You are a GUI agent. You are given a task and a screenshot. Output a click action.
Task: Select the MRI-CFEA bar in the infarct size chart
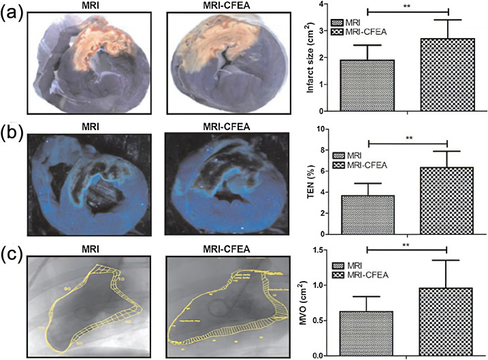click(446, 75)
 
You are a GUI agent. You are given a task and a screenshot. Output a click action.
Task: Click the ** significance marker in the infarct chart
click(408, 5)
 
